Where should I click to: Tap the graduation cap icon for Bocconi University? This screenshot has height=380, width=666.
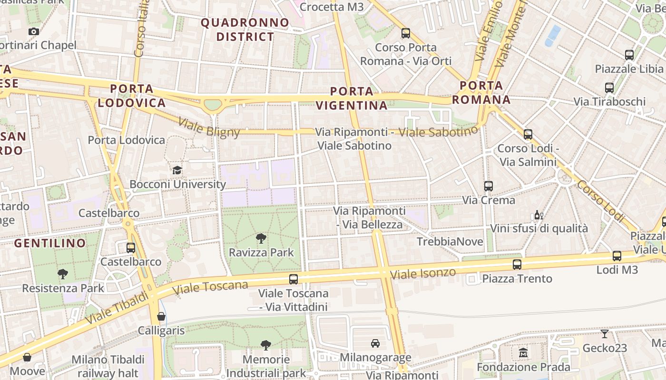pyautogui.click(x=177, y=170)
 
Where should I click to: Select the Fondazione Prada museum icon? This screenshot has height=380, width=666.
pyautogui.click(x=523, y=353)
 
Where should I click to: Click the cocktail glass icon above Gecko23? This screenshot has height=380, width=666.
pyautogui.click(x=605, y=334)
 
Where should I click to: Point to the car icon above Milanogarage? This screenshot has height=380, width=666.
pyautogui.click(x=375, y=343)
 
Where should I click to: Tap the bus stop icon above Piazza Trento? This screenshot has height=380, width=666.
pyautogui.click(x=517, y=265)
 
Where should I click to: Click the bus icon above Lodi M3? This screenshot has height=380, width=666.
pyautogui.click(x=617, y=256)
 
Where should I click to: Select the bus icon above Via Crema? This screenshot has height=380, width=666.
pyautogui.click(x=489, y=186)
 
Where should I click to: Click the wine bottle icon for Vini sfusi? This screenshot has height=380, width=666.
pyautogui.click(x=539, y=215)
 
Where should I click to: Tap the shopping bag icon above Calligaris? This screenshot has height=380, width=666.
pyautogui.click(x=161, y=316)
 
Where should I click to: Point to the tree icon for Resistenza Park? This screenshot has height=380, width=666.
pyautogui.click(x=62, y=274)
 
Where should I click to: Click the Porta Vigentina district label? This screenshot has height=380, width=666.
pyautogui.click(x=352, y=98)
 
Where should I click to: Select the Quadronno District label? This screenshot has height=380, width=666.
pyautogui.click(x=245, y=29)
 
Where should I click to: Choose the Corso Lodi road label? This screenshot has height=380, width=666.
pyautogui.click(x=600, y=201)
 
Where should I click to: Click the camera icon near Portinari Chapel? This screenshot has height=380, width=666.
pyautogui.click(x=33, y=32)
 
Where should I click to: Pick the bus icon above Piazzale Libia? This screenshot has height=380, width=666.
pyautogui.click(x=629, y=55)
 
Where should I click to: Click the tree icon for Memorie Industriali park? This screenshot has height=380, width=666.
pyautogui.click(x=266, y=345)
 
